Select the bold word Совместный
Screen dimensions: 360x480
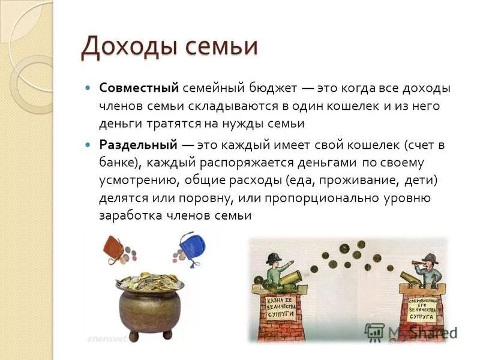(x=139, y=88)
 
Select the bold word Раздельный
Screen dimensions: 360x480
(x=138, y=145)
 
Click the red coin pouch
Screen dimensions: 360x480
(x=113, y=247)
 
